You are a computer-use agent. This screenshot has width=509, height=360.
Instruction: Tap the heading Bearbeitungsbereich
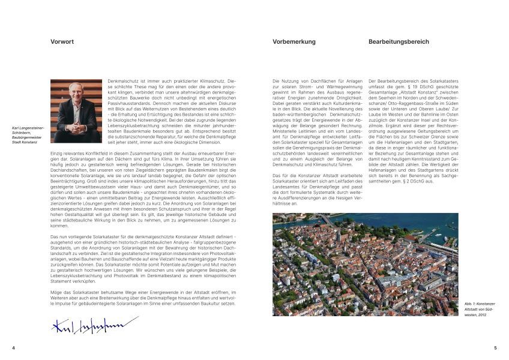(399, 42)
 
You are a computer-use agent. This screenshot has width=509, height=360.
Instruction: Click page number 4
(13, 347)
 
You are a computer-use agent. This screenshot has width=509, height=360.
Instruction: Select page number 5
(495, 347)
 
